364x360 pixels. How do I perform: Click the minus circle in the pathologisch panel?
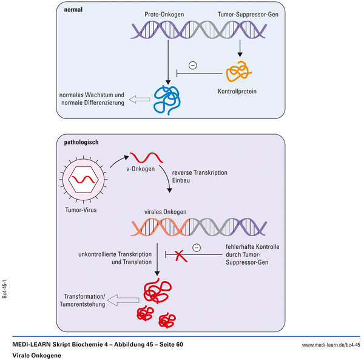(x=195, y=246)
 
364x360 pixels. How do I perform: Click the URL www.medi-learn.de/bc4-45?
(x=331, y=345)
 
